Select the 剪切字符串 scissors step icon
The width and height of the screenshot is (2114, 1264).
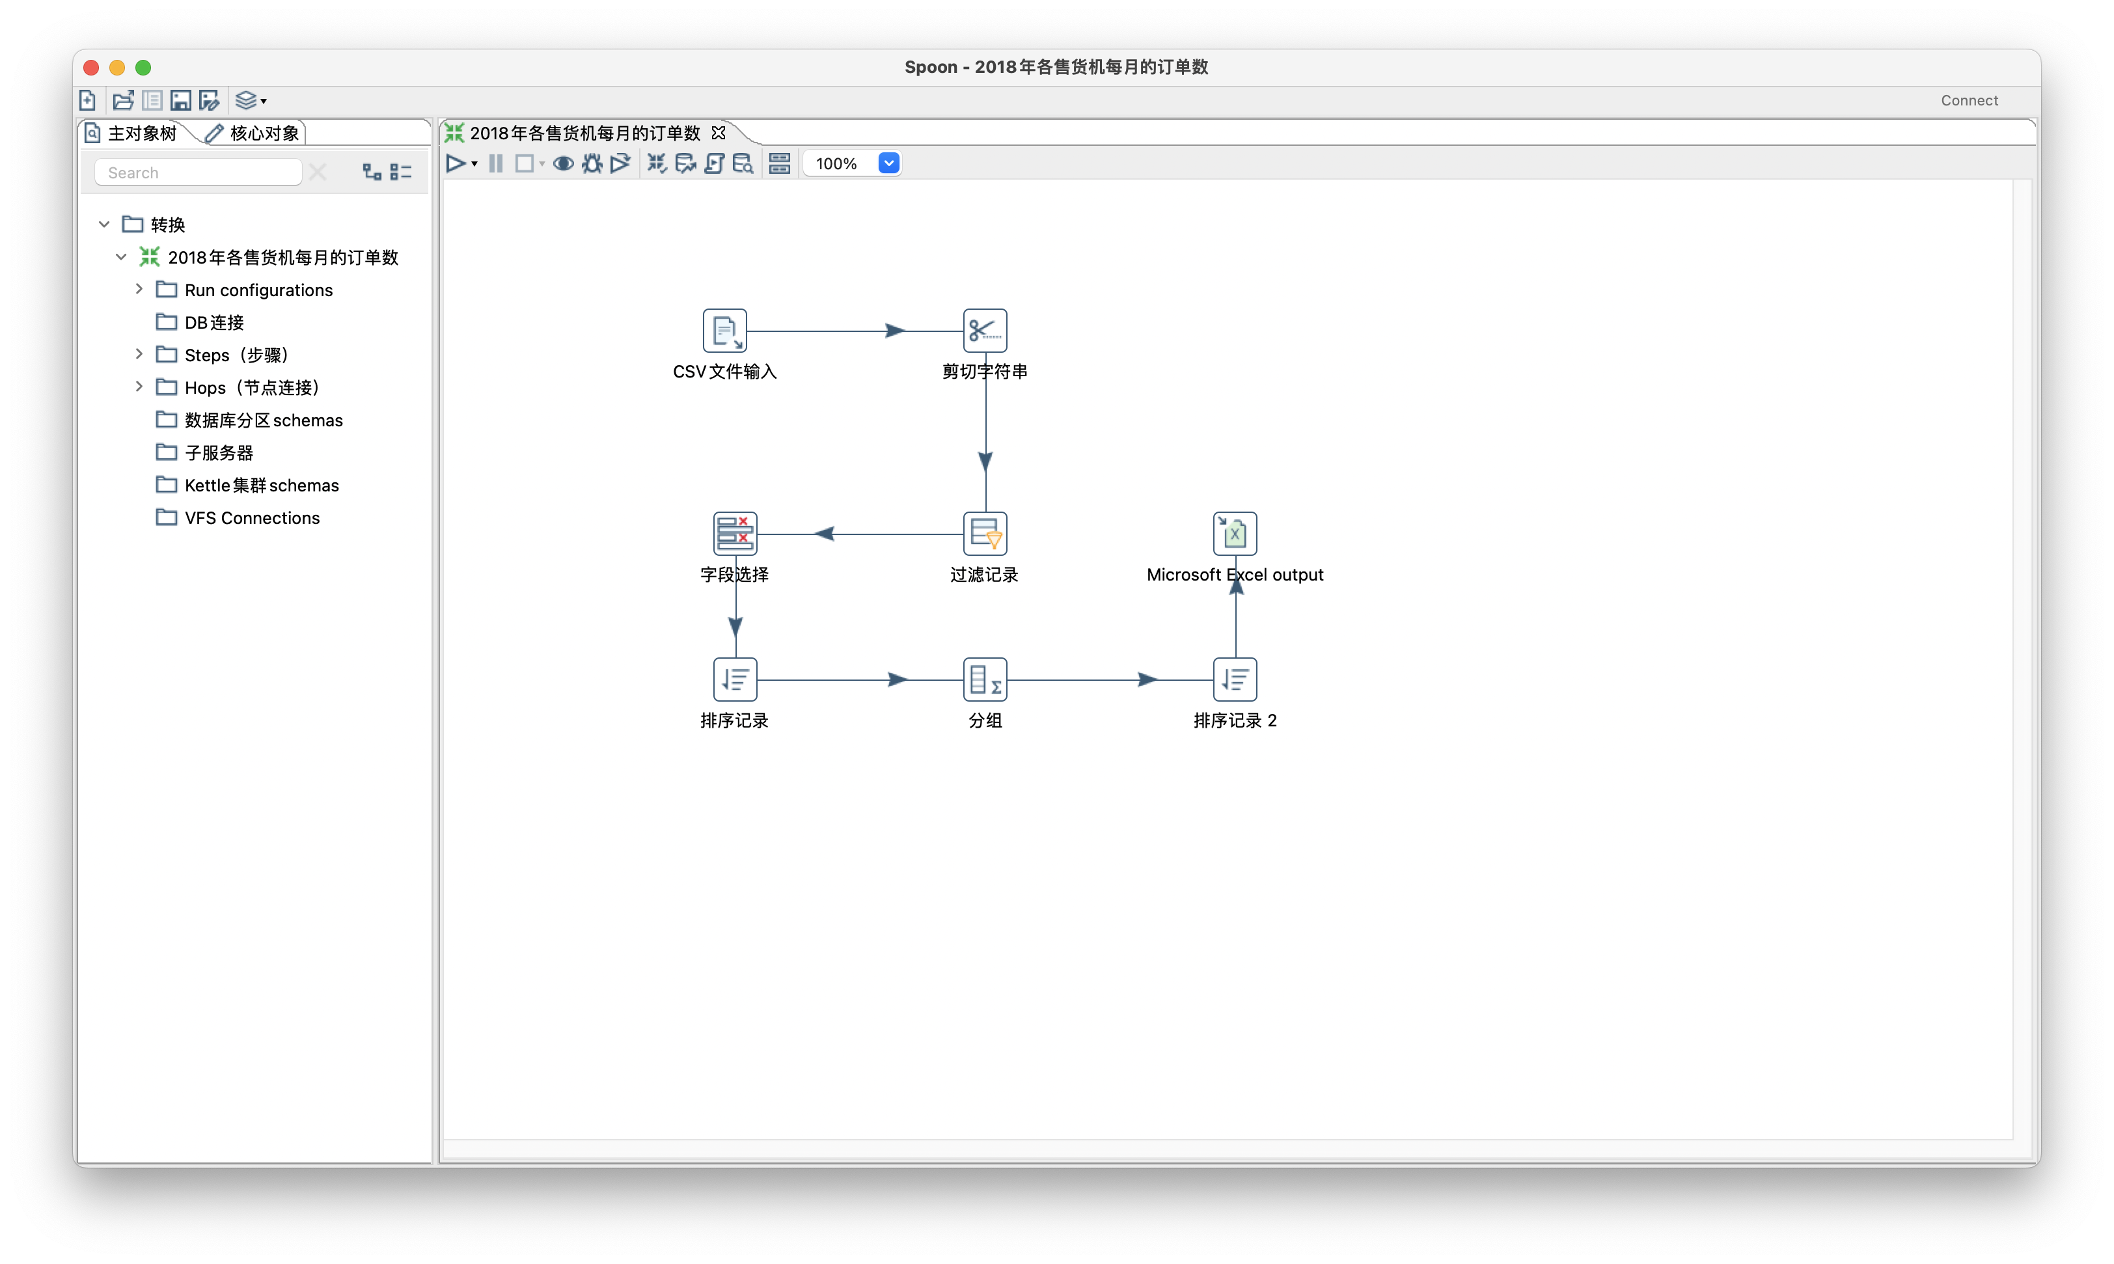click(985, 331)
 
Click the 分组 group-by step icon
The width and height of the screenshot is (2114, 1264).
click(985, 680)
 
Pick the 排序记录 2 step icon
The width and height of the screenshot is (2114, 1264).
click(1235, 680)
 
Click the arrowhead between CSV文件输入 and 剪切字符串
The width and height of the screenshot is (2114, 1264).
click(894, 331)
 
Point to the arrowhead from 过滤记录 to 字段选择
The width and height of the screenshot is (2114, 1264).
click(823, 534)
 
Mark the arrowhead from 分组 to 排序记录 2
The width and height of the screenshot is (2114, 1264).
click(1147, 680)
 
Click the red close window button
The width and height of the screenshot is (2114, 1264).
click(91, 67)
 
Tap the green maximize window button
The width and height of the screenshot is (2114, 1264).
click(143, 67)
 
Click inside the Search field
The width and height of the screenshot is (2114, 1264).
click(198, 172)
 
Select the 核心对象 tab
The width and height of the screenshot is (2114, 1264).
click(253, 133)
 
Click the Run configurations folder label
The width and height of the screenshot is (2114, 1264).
click(259, 290)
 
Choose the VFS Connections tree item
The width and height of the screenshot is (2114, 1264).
click(252, 518)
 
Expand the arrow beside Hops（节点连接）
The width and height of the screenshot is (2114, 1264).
click(139, 387)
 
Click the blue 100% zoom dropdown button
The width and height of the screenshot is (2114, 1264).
click(888, 163)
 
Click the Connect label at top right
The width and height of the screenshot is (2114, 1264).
click(1970, 100)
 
